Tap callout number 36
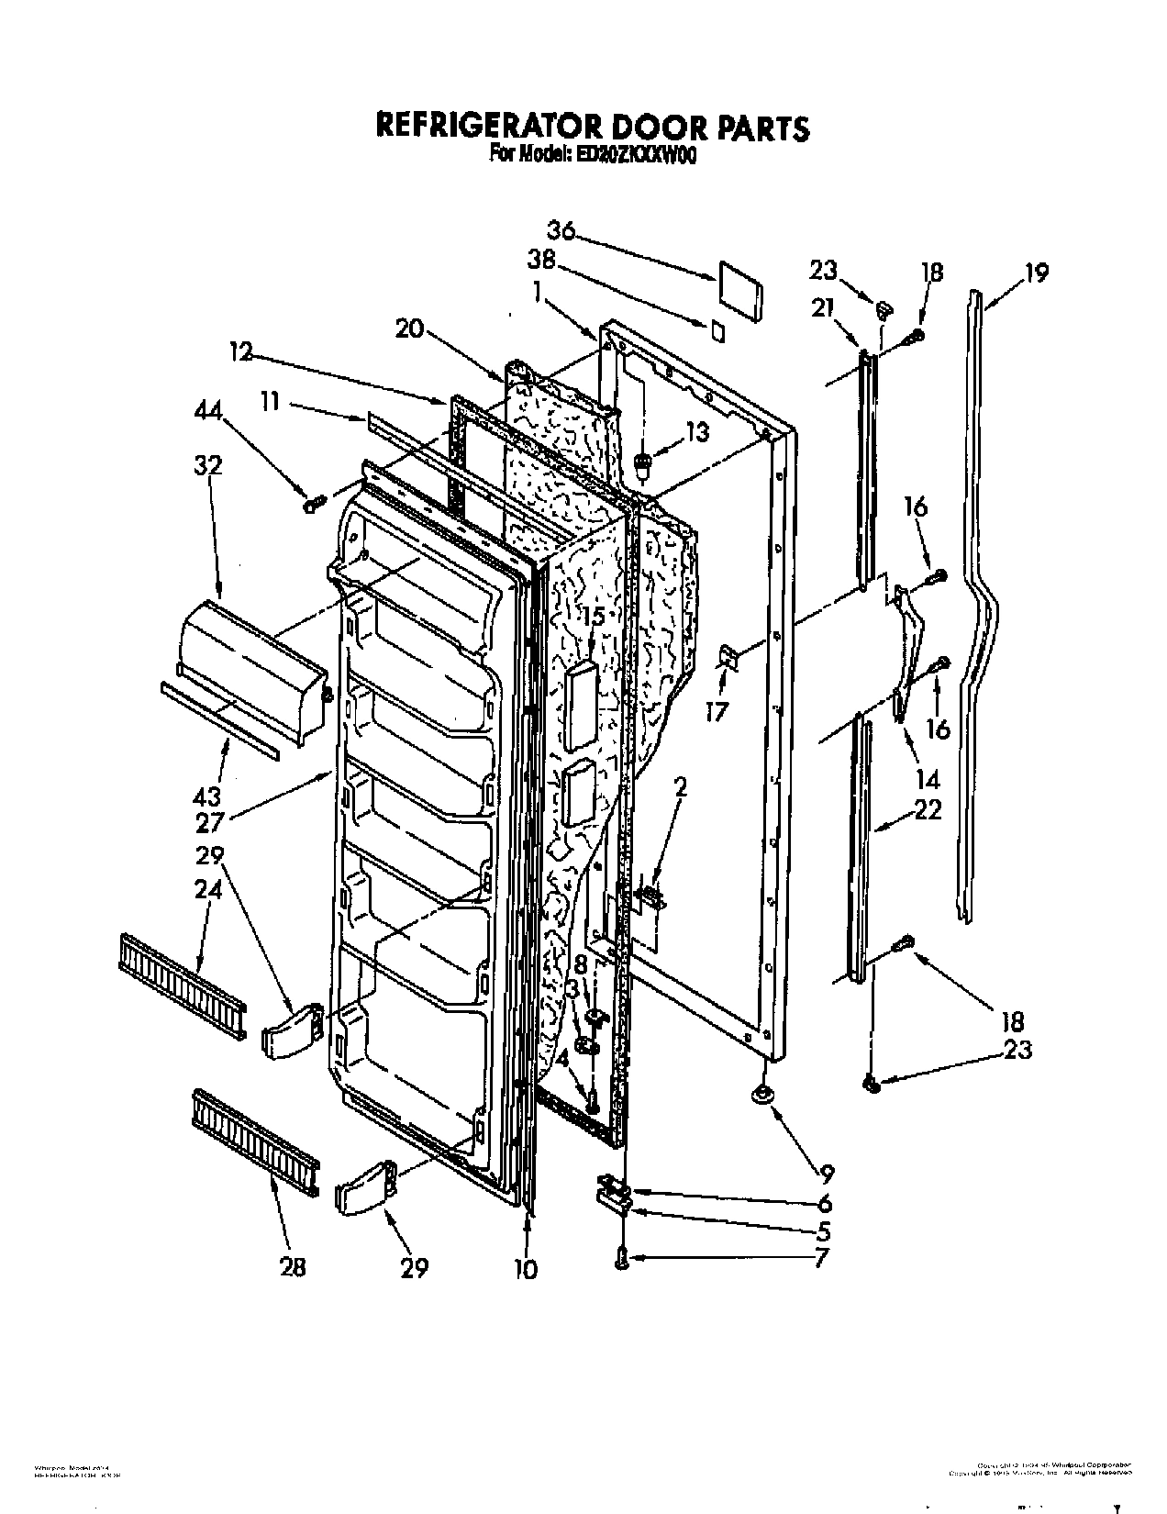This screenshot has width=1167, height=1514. point(561,230)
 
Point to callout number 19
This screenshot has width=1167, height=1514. point(1036,273)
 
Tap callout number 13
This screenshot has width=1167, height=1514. point(697,431)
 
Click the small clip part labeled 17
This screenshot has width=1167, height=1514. point(728,656)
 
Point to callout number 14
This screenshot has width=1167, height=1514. point(928,780)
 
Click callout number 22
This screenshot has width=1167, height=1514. point(928,811)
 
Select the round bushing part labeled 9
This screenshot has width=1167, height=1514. point(761,1094)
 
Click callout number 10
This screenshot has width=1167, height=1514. point(527,1269)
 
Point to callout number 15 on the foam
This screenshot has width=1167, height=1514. point(594,618)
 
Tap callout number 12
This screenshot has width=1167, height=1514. point(241,353)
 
